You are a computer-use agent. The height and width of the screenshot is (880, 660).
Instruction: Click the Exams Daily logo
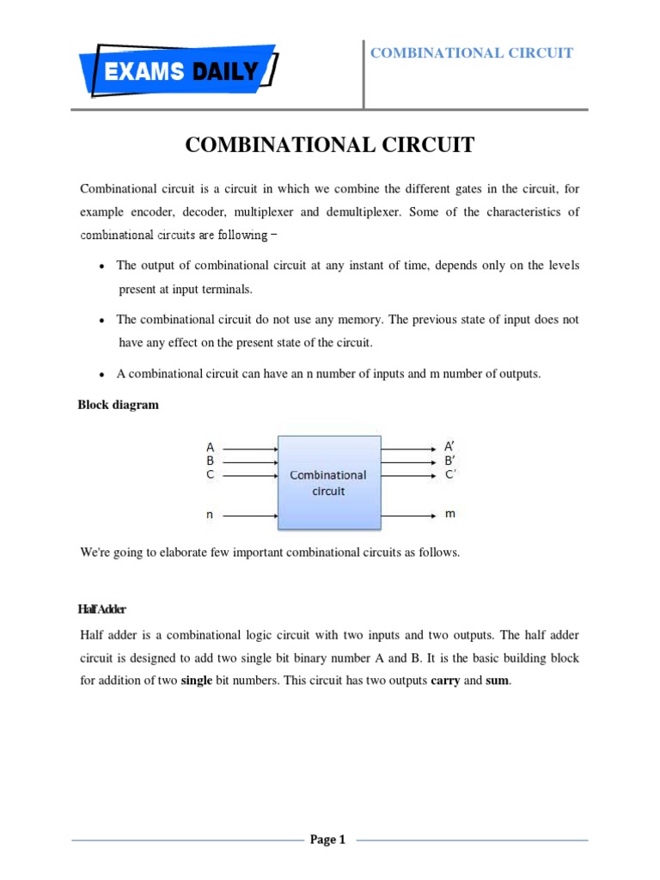click(177, 70)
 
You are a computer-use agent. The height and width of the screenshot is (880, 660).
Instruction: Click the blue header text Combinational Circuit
click(471, 53)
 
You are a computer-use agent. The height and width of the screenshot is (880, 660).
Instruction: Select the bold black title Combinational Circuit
click(329, 145)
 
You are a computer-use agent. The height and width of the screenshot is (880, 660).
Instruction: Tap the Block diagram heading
click(119, 405)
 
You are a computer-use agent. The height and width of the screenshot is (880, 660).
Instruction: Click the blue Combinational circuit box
click(328, 482)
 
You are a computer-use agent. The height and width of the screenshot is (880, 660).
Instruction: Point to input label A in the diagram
click(210, 448)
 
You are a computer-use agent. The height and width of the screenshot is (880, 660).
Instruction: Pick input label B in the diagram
click(210, 461)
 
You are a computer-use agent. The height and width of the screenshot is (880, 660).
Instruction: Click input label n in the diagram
click(209, 515)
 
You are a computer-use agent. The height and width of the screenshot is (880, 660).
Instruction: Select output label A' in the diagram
click(449, 447)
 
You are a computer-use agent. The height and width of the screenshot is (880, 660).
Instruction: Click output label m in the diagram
click(449, 514)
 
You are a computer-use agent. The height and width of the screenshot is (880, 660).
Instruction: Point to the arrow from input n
click(250, 516)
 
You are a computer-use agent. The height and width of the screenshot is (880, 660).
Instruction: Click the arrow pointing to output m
click(409, 516)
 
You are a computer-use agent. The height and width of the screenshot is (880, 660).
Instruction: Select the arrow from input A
click(250, 448)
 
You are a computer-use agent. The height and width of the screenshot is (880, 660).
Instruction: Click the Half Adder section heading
click(102, 609)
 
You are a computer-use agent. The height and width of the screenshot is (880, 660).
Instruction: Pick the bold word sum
click(498, 681)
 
